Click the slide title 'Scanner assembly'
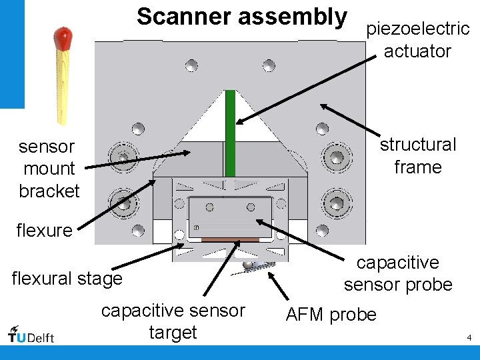point(242,16)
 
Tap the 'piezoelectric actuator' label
point(417,40)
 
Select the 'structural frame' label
point(418,155)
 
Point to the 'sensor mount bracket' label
point(48,169)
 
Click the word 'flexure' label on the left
point(44,231)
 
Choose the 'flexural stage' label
point(67,277)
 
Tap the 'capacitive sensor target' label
point(173,321)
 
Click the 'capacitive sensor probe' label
point(398,273)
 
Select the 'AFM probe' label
point(331,315)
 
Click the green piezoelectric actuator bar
point(231,133)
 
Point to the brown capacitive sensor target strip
point(230,239)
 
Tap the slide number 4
point(469,338)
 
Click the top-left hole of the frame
point(191,65)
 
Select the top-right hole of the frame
point(269,65)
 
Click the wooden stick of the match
point(63,83)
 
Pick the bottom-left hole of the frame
point(138,231)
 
